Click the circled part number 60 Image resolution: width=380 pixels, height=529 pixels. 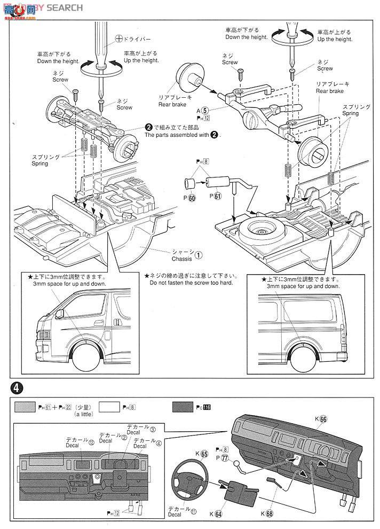coord(192,198)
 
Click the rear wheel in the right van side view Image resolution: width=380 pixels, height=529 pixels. coord(305,358)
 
